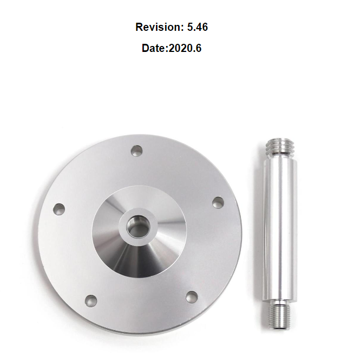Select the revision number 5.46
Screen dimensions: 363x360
[197, 27]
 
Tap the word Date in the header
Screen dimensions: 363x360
[154, 48]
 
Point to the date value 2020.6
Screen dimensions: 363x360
[185, 48]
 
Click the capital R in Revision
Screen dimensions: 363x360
[139, 27]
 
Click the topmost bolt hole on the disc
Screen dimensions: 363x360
[136, 150]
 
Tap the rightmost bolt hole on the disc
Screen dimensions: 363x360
[218, 202]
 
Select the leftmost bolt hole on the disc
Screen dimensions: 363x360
[58, 208]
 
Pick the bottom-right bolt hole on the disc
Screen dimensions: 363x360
[192, 296]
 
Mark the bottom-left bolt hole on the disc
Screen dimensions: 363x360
[91, 300]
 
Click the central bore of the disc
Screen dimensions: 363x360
[139, 226]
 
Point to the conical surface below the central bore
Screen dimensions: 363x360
[139, 257]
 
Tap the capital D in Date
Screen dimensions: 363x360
[146, 48]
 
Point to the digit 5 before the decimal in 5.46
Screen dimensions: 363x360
[190, 27]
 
